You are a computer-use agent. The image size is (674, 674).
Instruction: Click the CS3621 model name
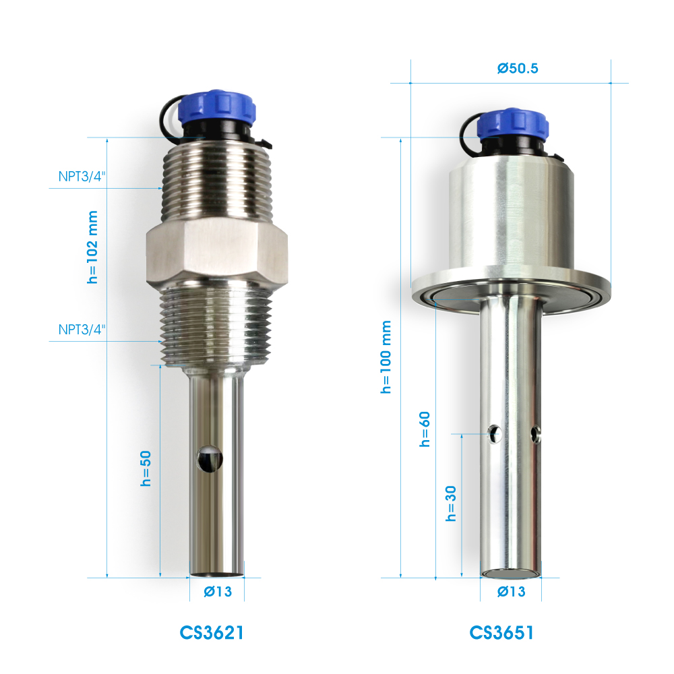click(212, 633)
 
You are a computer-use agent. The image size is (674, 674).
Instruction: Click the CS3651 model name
click(501, 633)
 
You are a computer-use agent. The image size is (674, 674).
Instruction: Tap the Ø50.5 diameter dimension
click(518, 68)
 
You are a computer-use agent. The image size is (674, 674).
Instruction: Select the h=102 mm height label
click(92, 247)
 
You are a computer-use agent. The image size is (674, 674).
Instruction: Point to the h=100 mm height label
click(386, 357)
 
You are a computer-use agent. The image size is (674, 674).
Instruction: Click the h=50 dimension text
click(146, 468)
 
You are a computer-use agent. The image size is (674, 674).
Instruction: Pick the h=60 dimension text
click(425, 429)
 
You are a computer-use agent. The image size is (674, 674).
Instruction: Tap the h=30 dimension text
click(450, 503)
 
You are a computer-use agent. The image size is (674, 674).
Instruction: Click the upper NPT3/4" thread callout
click(82, 176)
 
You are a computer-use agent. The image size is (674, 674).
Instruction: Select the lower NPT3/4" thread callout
click(82, 330)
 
